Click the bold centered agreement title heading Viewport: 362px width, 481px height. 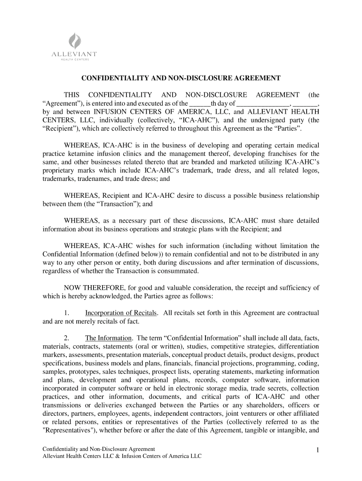pyautogui.click(x=181, y=78)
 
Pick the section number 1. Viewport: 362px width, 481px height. pyautogui.click(x=67, y=313)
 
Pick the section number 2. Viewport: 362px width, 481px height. pyautogui.click(x=67, y=338)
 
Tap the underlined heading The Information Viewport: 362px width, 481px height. pyautogui.click(x=108, y=338)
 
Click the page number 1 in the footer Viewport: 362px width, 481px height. pyautogui.click(x=318, y=451)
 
